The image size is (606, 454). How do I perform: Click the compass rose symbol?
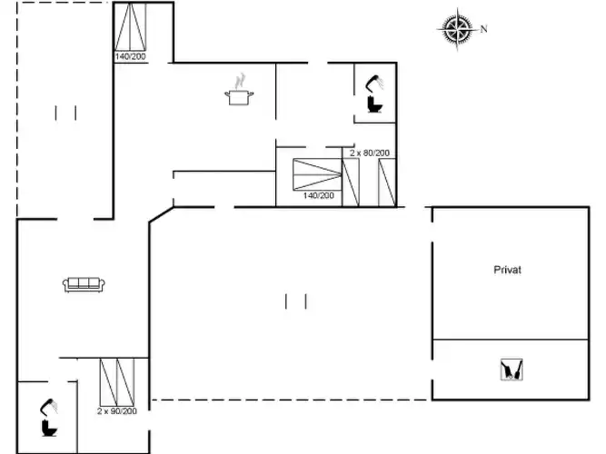pos(457,29)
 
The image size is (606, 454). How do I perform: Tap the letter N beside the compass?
pos(483,29)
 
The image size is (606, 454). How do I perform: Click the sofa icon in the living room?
pos(84,284)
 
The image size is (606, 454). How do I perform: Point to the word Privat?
pos(508,270)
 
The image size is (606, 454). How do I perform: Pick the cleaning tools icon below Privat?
pos(512,370)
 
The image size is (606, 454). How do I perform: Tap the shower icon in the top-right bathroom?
pos(374,83)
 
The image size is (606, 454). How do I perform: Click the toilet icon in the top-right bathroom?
pos(374,104)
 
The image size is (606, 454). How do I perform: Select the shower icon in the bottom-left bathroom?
pos(49,407)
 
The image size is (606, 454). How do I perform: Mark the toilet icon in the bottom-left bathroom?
pos(49,428)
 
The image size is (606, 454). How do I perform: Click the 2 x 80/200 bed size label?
pos(370,153)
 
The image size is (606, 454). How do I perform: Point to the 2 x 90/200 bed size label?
pos(117,411)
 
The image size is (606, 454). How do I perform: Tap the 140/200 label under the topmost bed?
pos(130,56)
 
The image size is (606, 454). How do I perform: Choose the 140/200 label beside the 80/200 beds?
pos(319,195)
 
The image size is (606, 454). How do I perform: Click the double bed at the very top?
pos(130,26)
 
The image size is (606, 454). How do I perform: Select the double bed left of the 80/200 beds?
pos(317,174)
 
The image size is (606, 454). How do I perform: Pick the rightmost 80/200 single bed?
pos(387,183)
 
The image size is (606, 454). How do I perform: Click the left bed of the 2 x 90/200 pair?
pos(109,382)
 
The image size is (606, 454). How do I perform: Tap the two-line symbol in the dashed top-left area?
pos(65,113)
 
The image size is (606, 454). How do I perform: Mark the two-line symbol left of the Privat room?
pos(296,301)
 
